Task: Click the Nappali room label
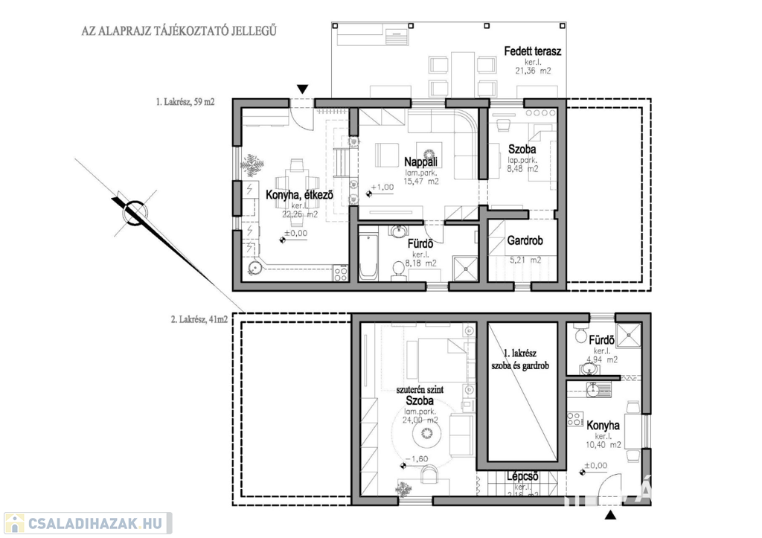420,161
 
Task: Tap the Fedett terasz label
532,51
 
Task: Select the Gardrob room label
525,241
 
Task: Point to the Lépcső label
522,477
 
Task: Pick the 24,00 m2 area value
421,420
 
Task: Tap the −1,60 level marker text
416,458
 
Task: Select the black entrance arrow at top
301,89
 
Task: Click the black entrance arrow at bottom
611,515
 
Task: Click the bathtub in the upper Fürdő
368,257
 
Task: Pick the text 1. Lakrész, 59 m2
185,103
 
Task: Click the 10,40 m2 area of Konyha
603,445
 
